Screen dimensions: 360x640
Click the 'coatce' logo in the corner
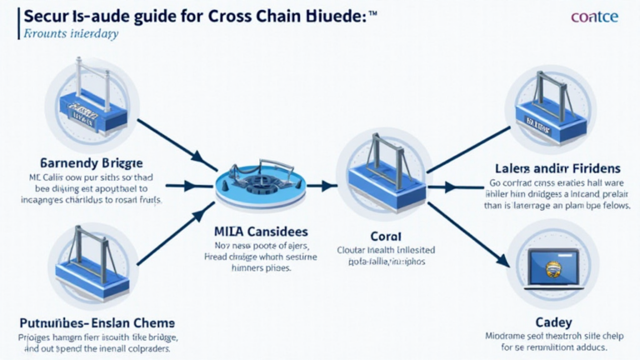[x=594, y=17]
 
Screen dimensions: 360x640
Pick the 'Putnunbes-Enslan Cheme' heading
[x=97, y=322]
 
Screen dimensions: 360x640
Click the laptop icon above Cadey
[x=542, y=268]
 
